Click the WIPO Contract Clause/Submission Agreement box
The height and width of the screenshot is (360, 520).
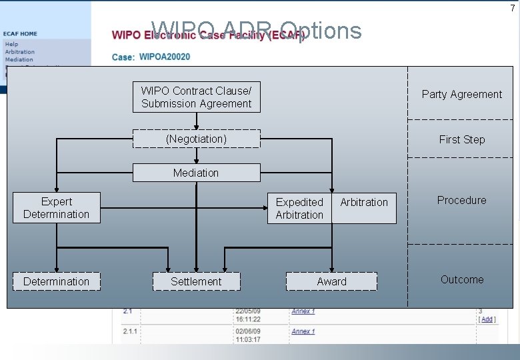pyautogui.click(x=196, y=97)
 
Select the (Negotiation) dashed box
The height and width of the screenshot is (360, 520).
pyautogui.click(x=196, y=139)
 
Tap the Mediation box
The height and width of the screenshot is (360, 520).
pyautogui.click(x=196, y=173)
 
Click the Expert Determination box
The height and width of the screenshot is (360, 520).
pyautogui.click(x=56, y=207)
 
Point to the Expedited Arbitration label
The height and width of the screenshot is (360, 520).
pyautogui.click(x=299, y=208)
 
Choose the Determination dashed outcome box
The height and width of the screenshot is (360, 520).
pyautogui.click(x=56, y=281)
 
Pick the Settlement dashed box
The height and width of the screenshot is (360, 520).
pyautogui.click(x=196, y=281)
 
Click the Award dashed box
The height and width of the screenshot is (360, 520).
pyautogui.click(x=331, y=281)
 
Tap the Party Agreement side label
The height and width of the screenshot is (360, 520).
pyautogui.click(x=461, y=94)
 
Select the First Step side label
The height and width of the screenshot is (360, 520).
pyautogui.click(x=461, y=139)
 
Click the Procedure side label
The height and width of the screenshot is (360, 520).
pyautogui.click(x=461, y=200)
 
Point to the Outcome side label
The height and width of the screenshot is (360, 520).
pyautogui.click(x=461, y=279)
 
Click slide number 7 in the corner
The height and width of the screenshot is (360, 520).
pyautogui.click(x=512, y=8)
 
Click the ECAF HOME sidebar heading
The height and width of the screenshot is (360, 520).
pyautogui.click(x=21, y=33)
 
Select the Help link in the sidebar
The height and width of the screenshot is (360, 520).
pyautogui.click(x=11, y=44)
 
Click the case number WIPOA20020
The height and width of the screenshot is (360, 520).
pyautogui.click(x=165, y=57)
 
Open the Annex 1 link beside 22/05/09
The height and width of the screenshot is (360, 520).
pyautogui.click(x=303, y=311)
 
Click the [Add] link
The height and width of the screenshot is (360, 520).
pyautogui.click(x=487, y=319)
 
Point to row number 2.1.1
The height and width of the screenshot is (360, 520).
pyautogui.click(x=130, y=331)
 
